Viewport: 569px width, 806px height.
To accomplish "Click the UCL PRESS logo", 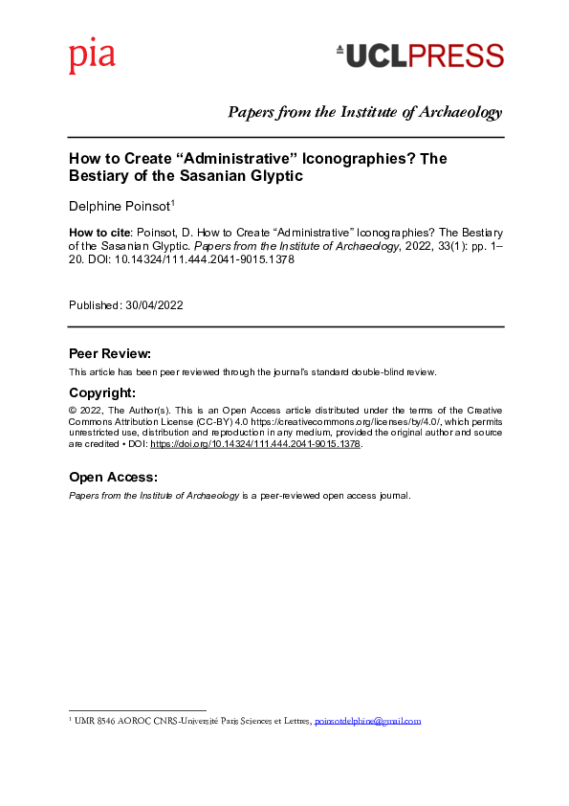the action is tap(420, 56).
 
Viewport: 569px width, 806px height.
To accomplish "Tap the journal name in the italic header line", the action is tap(364, 113).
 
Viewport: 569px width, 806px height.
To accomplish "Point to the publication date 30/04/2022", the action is tap(154, 305).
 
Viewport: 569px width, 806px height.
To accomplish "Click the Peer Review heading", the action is tap(110, 353).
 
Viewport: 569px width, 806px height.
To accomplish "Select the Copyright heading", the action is tap(102, 392).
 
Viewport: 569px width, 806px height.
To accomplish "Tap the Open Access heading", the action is tap(113, 477).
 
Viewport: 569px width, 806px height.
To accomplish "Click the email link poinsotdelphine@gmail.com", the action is tap(368, 721).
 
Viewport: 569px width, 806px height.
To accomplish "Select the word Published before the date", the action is tap(95, 305).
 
